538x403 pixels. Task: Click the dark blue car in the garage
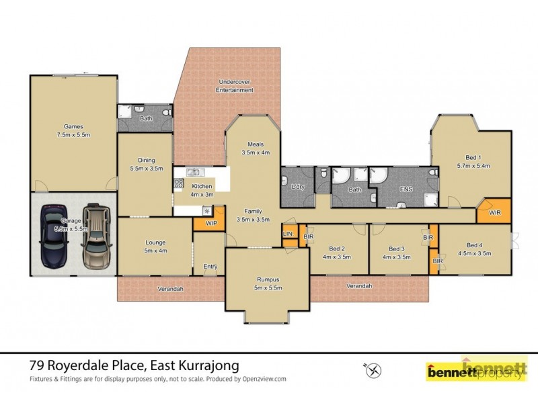pos(51,235)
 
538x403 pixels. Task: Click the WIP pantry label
pos(210,222)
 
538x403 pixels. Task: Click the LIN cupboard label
pos(288,233)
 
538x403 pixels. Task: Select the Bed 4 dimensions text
pos(474,255)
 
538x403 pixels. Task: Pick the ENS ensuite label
pos(406,190)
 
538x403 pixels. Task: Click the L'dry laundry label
pos(299,187)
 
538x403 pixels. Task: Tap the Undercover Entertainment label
pos(235,86)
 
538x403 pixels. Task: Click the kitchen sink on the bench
pos(193,173)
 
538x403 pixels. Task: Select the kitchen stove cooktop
pos(180,182)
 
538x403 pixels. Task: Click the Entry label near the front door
pos(210,267)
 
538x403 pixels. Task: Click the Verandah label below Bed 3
pos(359,286)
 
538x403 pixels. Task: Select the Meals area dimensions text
pos(256,152)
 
